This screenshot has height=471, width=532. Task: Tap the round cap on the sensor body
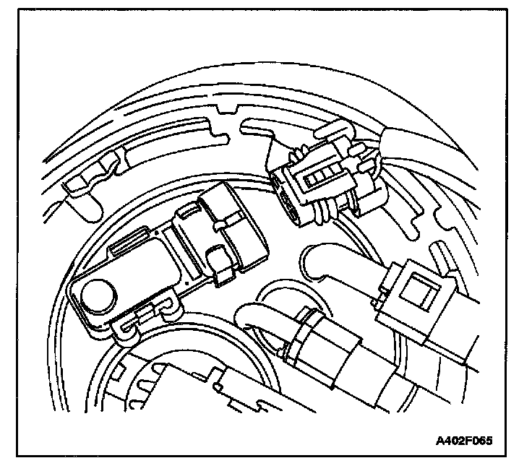pos(97,295)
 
